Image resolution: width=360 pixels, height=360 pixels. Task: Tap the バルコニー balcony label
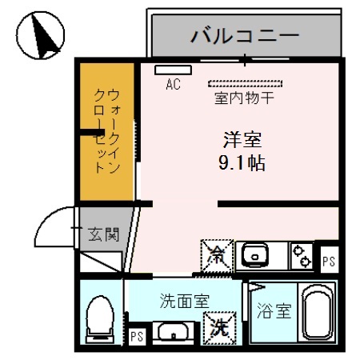point(243,36)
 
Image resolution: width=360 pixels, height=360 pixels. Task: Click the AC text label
point(172,83)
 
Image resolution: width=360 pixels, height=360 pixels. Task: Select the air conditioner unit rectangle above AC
point(168,70)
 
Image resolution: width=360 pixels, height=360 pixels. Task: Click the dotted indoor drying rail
point(246,82)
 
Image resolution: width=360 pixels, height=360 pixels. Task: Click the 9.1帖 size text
point(241,164)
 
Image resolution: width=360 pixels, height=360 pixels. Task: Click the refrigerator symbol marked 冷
point(217,255)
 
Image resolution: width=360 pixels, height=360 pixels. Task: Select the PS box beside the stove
point(328,261)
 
